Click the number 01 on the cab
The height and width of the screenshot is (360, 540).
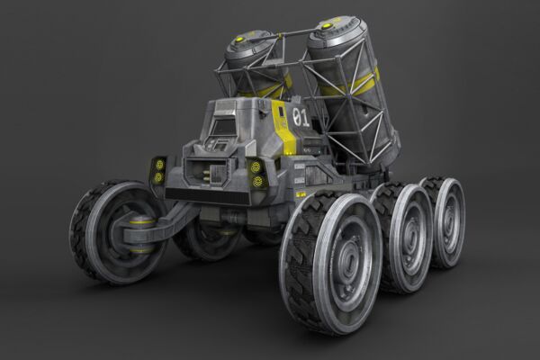pos(301,118)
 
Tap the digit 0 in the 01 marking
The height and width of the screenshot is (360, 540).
pos(296,118)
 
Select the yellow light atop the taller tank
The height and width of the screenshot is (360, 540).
pos(326,25)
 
